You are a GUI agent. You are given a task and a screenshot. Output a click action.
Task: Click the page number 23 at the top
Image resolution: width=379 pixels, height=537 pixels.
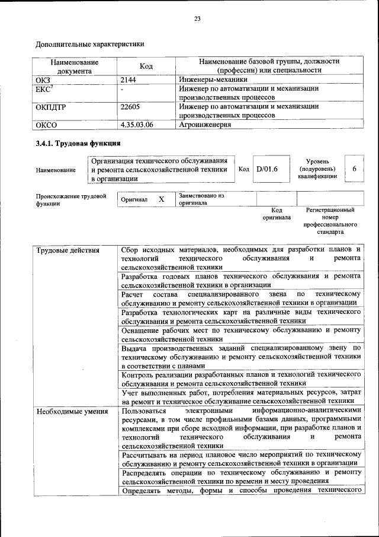coord(198,19)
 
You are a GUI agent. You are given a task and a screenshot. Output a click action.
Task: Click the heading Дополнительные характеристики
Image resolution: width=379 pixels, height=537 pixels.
coord(90,44)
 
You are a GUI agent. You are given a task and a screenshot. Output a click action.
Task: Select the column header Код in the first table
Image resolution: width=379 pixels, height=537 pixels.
coord(146,66)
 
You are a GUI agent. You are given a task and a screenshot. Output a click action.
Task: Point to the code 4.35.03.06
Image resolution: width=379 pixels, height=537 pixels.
coord(137,125)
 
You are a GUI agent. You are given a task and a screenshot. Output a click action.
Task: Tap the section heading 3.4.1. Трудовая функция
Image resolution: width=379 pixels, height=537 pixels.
coord(79,144)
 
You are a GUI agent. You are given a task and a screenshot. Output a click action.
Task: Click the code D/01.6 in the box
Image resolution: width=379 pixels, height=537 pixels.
coord(267,169)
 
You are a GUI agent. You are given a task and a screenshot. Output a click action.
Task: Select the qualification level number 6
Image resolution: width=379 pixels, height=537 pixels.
coord(354,169)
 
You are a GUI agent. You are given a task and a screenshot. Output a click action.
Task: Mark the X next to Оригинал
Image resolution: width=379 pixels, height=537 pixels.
coord(161,200)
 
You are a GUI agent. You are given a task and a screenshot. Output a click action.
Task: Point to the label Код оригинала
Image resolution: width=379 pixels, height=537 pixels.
coord(277,214)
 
